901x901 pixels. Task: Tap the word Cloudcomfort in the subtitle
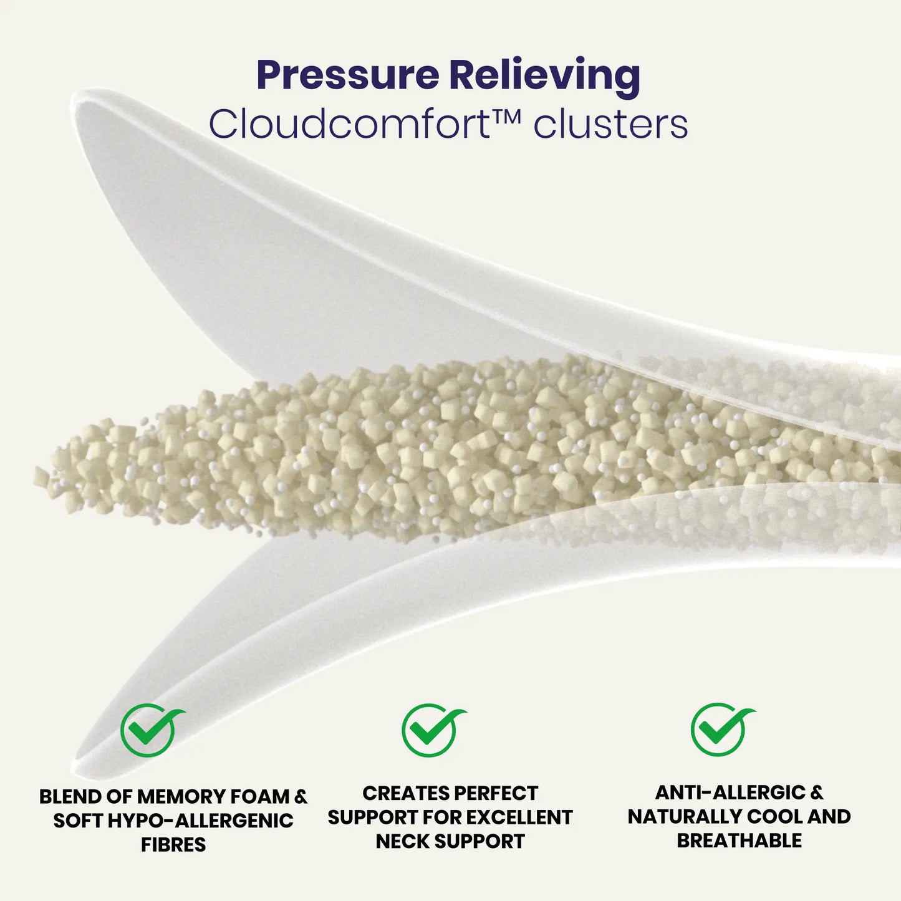pyautogui.click(x=349, y=124)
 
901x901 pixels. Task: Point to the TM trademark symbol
pyautogui.click(x=506, y=116)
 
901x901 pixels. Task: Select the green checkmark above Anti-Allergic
pyautogui.click(x=721, y=730)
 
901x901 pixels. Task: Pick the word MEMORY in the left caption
pyautogui.click(x=178, y=797)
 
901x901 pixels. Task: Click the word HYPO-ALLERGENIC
pyautogui.click(x=201, y=821)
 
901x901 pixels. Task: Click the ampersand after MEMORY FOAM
pyautogui.click(x=300, y=797)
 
